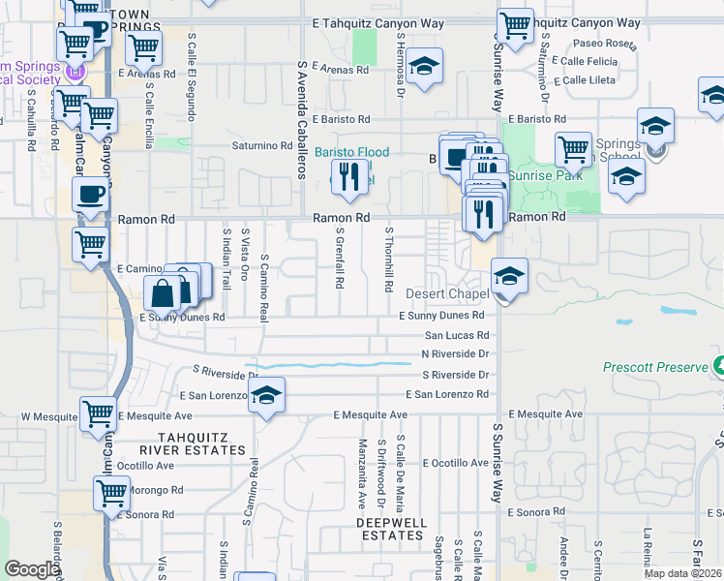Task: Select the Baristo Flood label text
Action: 352,153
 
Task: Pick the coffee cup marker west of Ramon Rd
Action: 91,194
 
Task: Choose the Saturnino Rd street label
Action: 261,146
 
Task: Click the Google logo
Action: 32,568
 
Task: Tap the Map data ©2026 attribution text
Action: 682,573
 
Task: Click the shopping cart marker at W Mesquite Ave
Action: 98,413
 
